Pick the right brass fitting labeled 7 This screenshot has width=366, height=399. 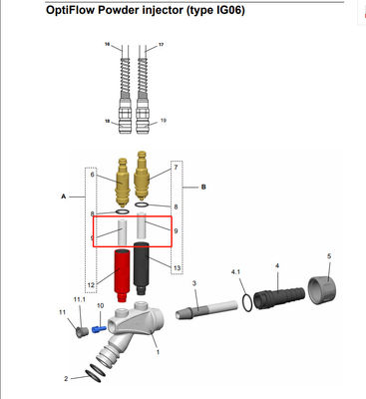click(143, 178)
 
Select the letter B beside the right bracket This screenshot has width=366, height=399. click(202, 186)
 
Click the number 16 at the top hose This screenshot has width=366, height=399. click(108, 46)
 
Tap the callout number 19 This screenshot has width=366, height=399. click(163, 120)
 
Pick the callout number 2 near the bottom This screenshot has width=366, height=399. click(67, 379)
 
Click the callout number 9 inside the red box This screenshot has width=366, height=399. click(176, 231)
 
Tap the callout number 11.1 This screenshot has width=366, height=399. click(79, 299)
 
